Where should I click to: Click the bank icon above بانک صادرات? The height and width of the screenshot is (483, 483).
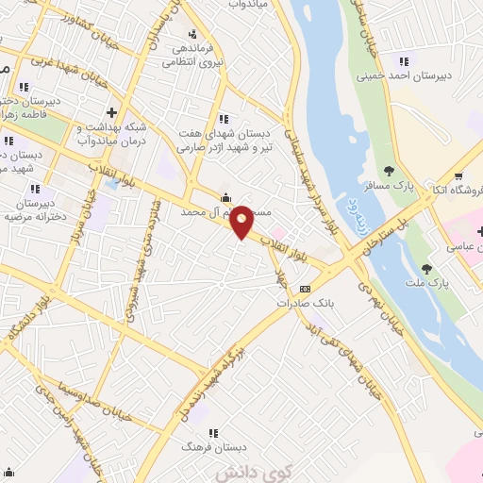305,289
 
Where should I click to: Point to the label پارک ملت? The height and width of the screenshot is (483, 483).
435,282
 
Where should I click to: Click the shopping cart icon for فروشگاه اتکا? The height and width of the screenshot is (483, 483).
458,175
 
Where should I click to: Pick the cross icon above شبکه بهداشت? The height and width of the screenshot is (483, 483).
111,112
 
